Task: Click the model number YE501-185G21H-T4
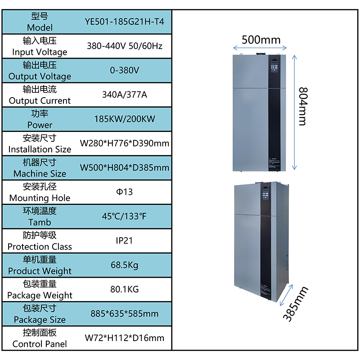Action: (x=125, y=22)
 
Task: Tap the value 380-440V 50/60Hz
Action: (x=125, y=46)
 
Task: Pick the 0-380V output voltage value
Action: (x=125, y=70)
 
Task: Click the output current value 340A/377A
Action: (x=125, y=94)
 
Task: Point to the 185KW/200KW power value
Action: (x=125, y=119)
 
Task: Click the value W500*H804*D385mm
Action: (x=125, y=167)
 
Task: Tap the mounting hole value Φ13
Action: (x=125, y=192)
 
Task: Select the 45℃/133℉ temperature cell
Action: (x=124, y=216)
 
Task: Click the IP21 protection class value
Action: (x=124, y=241)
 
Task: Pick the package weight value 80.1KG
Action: (x=125, y=289)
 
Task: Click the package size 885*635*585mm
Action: (x=125, y=314)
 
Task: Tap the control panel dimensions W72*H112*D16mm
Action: (x=125, y=338)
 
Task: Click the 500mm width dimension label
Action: (x=261, y=40)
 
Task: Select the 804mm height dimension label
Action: (x=303, y=106)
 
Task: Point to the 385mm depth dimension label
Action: (x=296, y=304)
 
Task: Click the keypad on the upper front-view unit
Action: (x=274, y=66)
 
